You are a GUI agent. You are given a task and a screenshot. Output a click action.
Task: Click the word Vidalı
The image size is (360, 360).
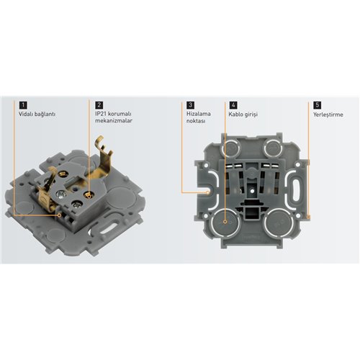[x=27, y=114]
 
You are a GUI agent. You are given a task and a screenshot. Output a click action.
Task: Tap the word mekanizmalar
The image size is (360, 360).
[x=115, y=122]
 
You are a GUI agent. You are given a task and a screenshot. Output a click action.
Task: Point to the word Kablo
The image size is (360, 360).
[x=237, y=114]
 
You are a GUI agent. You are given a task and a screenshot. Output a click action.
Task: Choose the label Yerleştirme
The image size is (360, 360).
[x=329, y=114]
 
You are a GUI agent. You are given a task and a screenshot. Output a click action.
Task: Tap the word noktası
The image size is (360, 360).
[x=197, y=122]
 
